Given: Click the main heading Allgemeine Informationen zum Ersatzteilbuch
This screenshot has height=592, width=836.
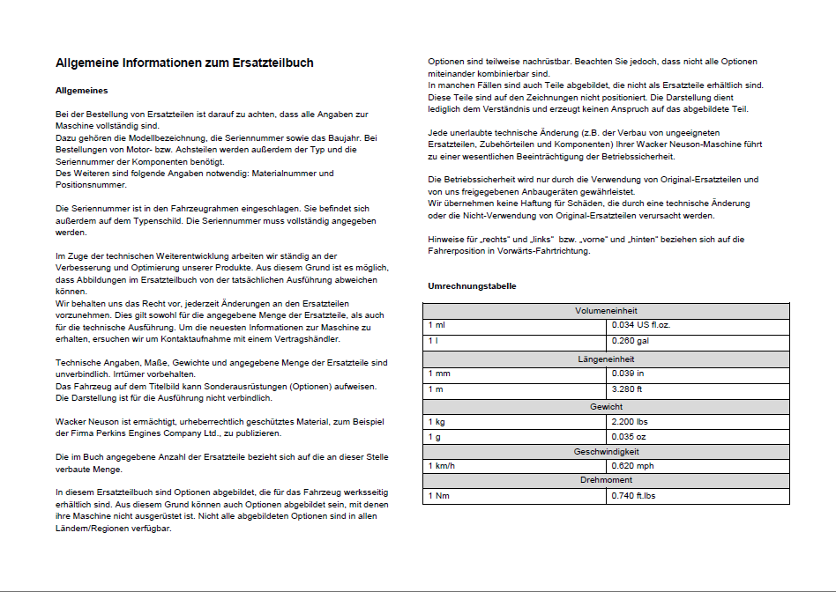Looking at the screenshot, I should pyautogui.click(x=184, y=63).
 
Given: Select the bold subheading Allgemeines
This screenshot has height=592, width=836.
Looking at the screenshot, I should pyautogui.click(x=81, y=91).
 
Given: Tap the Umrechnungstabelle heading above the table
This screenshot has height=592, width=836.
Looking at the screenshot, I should pyautogui.click(x=472, y=286).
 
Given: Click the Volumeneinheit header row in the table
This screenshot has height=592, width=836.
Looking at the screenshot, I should pyautogui.click(x=606, y=311).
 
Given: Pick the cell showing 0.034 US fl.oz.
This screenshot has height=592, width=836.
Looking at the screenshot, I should pyautogui.click(x=641, y=325).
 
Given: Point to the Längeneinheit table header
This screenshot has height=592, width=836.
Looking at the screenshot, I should pyautogui.click(x=606, y=359).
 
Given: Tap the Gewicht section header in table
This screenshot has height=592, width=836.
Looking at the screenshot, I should pyautogui.click(x=606, y=407).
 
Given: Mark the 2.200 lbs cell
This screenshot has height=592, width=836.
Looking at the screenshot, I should pyautogui.click(x=631, y=422).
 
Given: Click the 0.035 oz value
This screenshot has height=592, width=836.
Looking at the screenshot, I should pyautogui.click(x=629, y=437).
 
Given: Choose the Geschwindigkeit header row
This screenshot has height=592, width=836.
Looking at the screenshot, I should pyautogui.click(x=606, y=451).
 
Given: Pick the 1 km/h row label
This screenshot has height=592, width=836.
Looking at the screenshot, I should pyautogui.click(x=443, y=465).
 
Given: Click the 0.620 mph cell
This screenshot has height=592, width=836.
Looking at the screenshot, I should pyautogui.click(x=633, y=465).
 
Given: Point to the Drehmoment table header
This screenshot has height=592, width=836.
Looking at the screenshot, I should pyautogui.click(x=606, y=481).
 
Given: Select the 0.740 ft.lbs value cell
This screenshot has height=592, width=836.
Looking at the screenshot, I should pyautogui.click(x=634, y=496).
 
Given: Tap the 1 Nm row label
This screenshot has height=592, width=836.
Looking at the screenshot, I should pyautogui.click(x=439, y=496).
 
